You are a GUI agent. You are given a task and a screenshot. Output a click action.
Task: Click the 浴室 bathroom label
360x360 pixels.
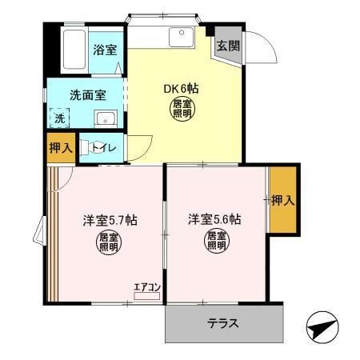coord(105,50)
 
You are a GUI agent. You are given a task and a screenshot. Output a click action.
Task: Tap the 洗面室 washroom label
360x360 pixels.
coord(88,95)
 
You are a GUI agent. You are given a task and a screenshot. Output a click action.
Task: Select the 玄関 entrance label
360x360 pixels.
coord(228,46)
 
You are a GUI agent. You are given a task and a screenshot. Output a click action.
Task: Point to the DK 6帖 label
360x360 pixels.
coord(181,88)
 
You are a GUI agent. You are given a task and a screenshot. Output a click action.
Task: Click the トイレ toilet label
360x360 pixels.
coord(104,147)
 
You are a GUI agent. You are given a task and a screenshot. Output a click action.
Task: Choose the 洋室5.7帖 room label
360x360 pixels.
coord(110,221)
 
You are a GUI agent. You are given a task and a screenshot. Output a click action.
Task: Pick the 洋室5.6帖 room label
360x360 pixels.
coord(214,219)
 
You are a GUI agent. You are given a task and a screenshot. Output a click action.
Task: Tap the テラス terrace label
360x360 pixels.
coord(223,323)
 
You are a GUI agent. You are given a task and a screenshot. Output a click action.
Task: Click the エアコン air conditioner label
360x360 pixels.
coord(147,287)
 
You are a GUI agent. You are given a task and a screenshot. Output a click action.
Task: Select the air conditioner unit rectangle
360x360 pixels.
coord(147,296)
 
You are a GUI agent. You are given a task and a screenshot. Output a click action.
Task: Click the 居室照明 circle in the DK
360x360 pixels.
coord(182,109)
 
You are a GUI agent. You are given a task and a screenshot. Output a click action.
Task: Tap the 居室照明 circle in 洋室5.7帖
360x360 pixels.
coord(109,242)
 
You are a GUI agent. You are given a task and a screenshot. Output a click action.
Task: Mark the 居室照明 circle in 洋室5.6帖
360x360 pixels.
coord(216,241)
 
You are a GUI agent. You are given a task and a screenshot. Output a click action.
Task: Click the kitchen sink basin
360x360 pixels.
coord(182,37)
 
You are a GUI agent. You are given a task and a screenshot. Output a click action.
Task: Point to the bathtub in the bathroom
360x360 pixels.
coord(74,50)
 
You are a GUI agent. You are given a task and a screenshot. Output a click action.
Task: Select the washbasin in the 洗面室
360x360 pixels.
coord(106,118)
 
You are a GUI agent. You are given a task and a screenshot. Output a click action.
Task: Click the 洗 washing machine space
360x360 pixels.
coord(59,118)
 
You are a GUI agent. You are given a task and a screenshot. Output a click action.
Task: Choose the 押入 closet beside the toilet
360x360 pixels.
coord(61,148)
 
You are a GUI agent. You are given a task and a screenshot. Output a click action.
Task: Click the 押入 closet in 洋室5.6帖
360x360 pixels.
coord(283,200)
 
